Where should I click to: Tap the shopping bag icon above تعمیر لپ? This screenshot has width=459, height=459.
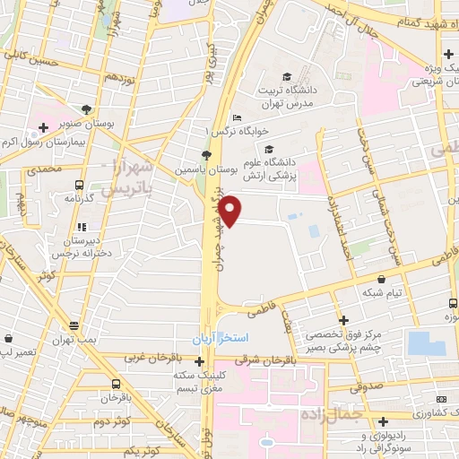(9, 340)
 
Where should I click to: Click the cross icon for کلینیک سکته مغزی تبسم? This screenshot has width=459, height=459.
(199, 361)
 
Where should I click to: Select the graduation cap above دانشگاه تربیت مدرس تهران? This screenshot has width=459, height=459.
(286, 76)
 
